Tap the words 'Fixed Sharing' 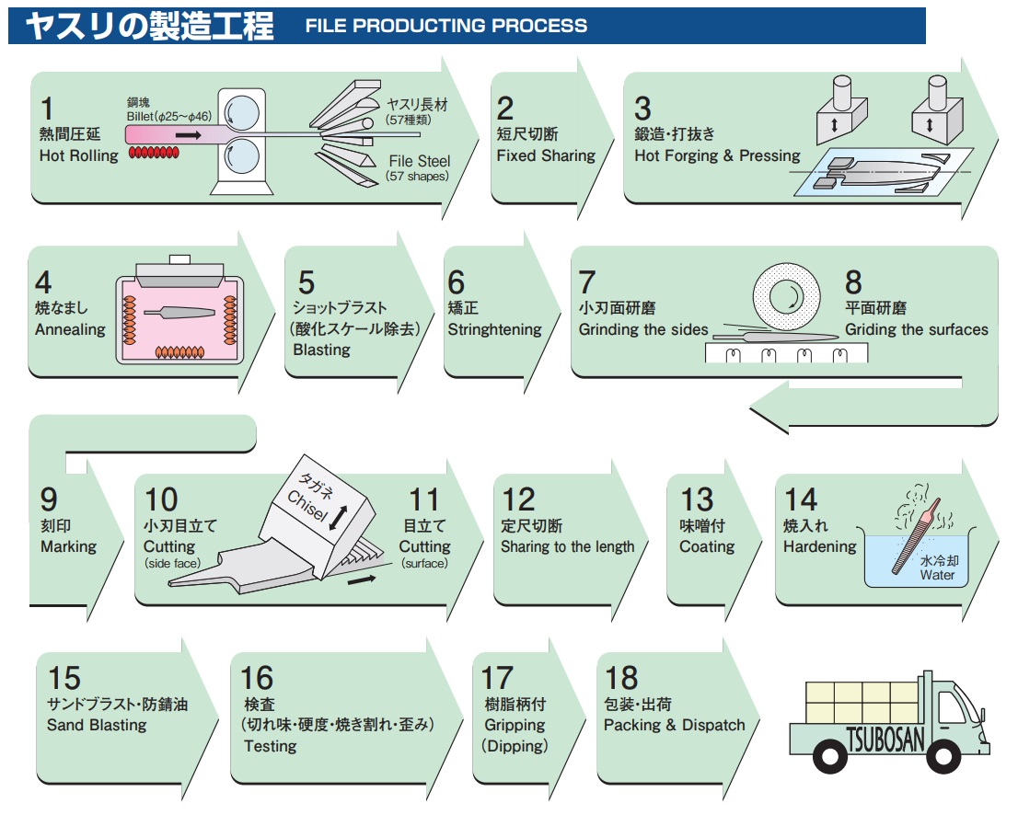coord(546,155)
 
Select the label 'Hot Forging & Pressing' coord(717,155)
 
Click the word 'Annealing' coord(70,329)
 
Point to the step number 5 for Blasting coord(307,281)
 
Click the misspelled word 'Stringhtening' coord(496,329)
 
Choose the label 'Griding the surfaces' coord(916,329)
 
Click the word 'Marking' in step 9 coord(68,546)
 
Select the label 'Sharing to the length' coord(567,546)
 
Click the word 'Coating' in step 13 coord(707,546)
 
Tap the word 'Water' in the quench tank coord(938,576)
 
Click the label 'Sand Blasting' coord(97,725)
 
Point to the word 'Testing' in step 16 coord(270,746)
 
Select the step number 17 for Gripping coord(497,678)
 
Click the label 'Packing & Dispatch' coord(674,725)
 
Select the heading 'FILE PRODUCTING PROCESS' coord(445,26)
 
